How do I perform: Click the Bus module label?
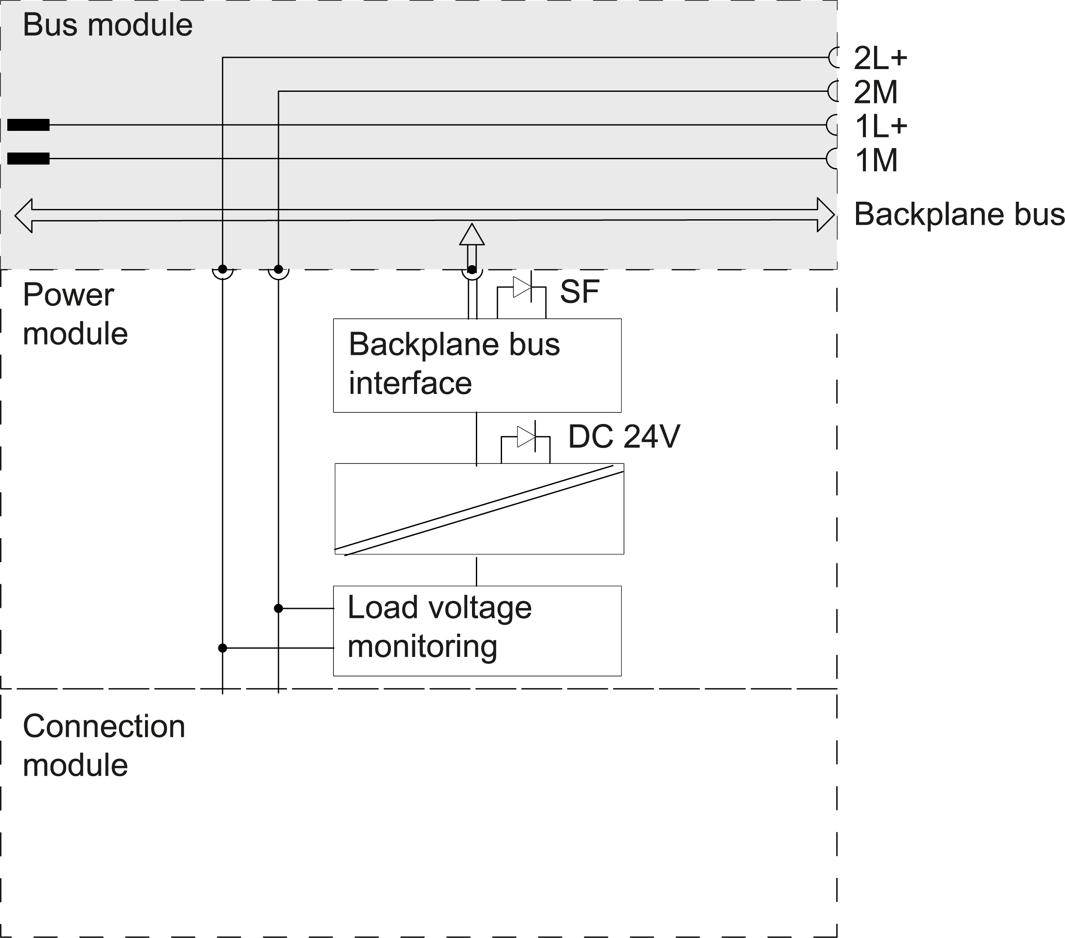(107, 25)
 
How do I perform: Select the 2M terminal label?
(875, 92)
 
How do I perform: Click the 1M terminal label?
(876, 160)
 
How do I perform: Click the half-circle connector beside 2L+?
(834, 57)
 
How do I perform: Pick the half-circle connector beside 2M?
(833, 91)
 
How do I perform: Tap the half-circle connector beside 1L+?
(832, 124)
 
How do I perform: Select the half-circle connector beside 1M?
(832, 158)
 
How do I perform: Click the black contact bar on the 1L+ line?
(29, 125)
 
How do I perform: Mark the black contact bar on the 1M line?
(29, 158)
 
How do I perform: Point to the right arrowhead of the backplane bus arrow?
(826, 215)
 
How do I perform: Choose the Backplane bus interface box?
(477, 365)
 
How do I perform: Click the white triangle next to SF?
(520, 287)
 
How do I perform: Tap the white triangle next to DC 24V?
(525, 437)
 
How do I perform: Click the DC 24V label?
(624, 437)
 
